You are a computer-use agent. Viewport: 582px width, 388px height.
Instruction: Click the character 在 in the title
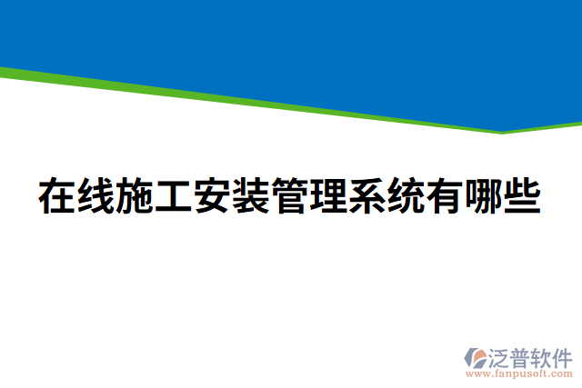(56, 197)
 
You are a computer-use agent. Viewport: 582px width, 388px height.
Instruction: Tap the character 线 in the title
(95, 197)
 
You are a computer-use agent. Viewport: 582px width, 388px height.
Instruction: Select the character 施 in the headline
(135, 197)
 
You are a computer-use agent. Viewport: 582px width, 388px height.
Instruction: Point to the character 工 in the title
(173, 197)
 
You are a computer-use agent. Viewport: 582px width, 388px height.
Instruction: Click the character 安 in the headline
(212, 197)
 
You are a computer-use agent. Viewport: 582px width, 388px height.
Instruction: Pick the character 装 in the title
(251, 197)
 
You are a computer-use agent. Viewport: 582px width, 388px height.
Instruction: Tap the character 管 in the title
(290, 197)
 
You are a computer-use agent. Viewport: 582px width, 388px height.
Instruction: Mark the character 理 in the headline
(329, 197)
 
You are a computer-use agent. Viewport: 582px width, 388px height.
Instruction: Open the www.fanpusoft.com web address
(518, 373)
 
